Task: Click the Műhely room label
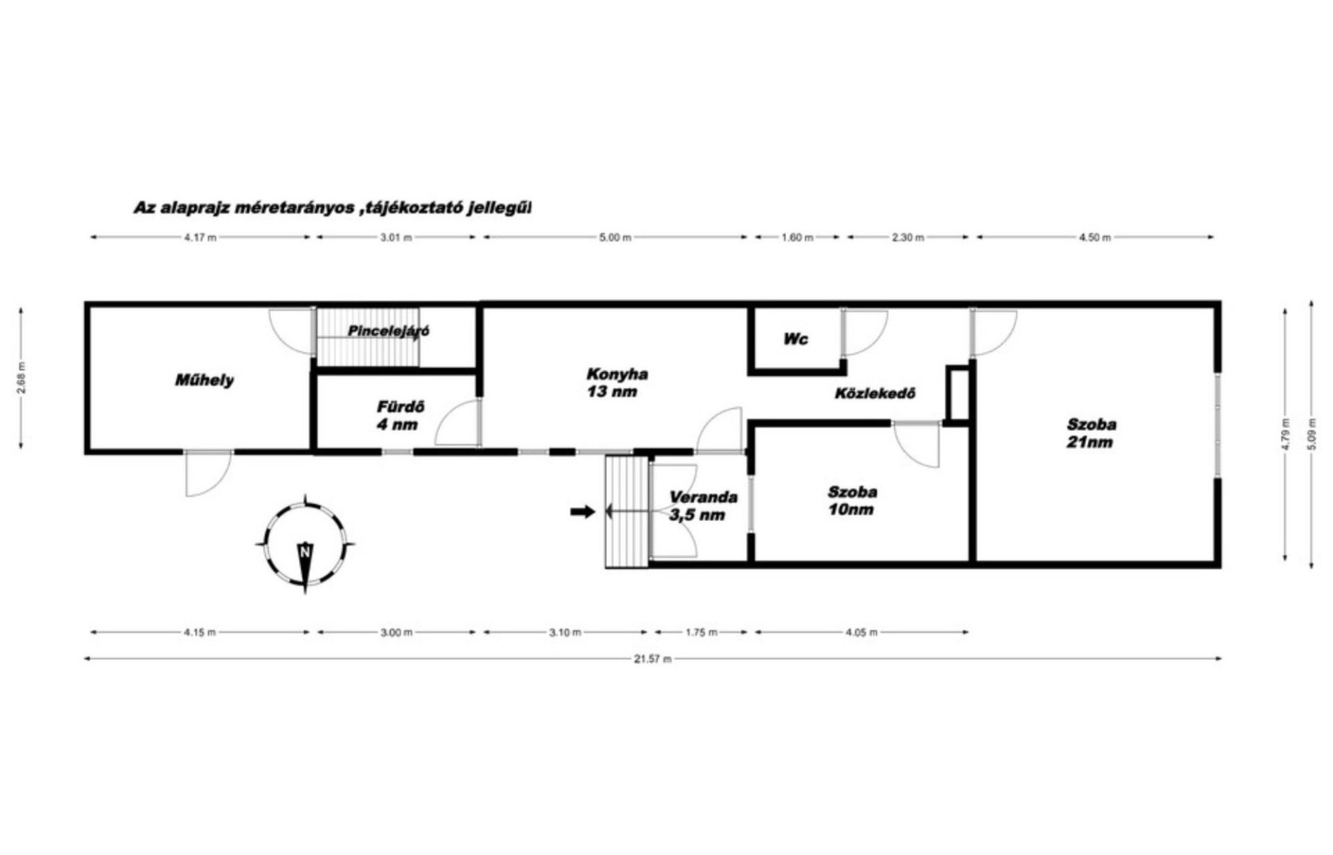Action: [x=204, y=381]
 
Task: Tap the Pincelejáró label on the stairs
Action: [x=389, y=331]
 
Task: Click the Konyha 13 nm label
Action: [x=617, y=383]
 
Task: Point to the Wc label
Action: [x=796, y=339]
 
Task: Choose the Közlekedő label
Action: [x=875, y=393]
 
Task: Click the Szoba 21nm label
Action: [x=1091, y=433]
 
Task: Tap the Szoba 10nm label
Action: [x=852, y=501]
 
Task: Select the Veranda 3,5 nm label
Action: [x=703, y=506]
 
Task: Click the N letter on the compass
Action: [x=305, y=552]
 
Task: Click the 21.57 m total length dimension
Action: [x=652, y=659]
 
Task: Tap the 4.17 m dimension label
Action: [x=200, y=237]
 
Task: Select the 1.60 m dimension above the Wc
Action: [x=797, y=237]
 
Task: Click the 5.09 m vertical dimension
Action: [x=1311, y=434]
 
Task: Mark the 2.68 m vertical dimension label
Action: [x=22, y=377]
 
